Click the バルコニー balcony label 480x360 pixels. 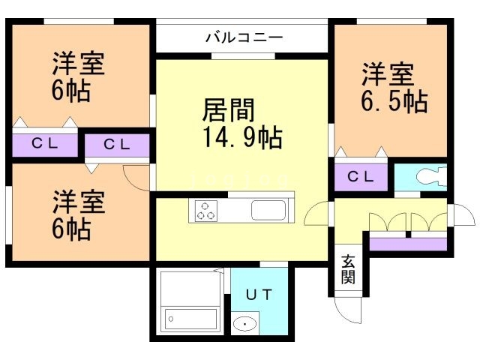pyautogui.click(x=243, y=37)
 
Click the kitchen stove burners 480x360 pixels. pyautogui.click(x=206, y=211)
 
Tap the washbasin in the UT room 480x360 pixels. pyautogui.click(x=244, y=325)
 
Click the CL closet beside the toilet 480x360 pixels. pyautogui.click(x=361, y=177)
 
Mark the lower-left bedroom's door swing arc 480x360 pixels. pyautogui.click(x=136, y=178)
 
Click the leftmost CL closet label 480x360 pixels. pyautogui.click(x=45, y=144)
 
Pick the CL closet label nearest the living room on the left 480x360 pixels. pyautogui.click(x=116, y=145)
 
